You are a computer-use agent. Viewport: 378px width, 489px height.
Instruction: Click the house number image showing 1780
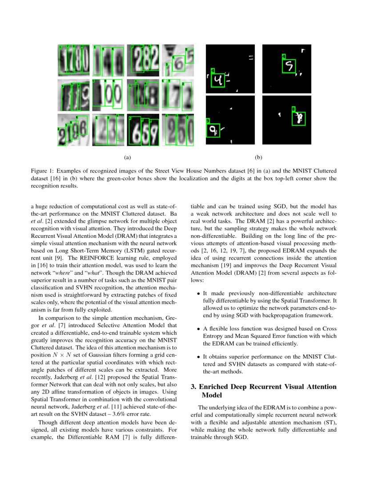pos(73,60)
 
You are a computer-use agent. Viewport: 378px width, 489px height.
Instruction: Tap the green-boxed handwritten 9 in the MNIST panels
pos(213,130)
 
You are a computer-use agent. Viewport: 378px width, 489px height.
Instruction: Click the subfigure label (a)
pos(127,157)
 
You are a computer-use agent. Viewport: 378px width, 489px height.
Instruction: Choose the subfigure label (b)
pos(258,157)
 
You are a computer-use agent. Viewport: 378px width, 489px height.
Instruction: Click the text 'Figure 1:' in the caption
pos(43,171)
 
